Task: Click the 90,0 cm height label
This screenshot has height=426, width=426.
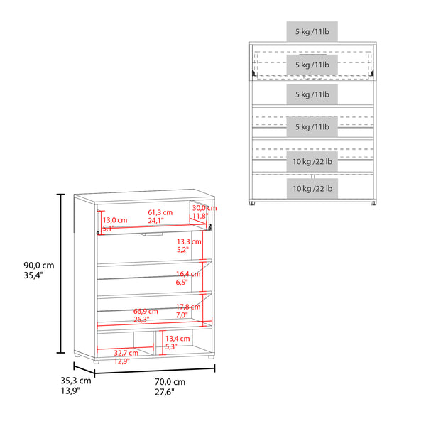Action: coord(38,265)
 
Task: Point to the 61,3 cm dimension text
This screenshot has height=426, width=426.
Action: coord(160,212)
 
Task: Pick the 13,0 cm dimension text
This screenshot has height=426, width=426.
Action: coord(114,220)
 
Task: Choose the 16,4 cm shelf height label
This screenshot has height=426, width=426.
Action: coord(188,273)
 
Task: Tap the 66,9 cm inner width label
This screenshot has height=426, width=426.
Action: coord(146,311)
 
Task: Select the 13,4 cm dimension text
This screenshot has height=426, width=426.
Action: coord(177,339)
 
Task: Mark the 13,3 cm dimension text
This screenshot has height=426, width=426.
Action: coord(188,241)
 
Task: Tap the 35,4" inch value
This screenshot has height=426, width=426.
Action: coord(33,276)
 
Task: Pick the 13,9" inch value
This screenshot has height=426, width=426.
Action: coord(70,391)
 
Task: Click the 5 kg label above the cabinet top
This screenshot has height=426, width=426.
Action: coord(312,32)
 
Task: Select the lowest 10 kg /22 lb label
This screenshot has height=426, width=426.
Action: coord(312,188)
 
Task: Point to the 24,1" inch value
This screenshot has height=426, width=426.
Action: coord(158,221)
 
